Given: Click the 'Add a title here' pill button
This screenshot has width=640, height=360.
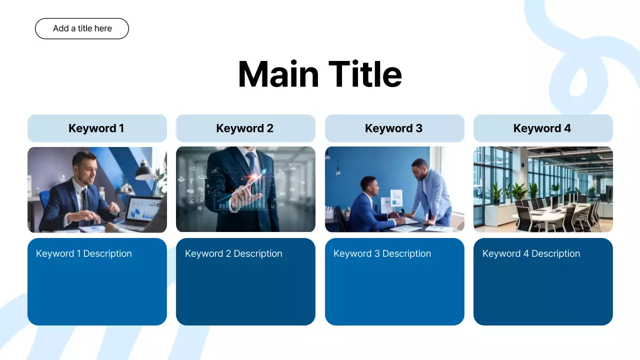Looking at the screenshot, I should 82,28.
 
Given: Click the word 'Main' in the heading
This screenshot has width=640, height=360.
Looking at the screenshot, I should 278,74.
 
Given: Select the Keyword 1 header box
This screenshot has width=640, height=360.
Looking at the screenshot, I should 96,128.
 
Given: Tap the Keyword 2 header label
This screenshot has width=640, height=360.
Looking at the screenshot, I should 244,128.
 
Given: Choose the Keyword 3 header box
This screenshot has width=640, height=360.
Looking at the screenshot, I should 394,128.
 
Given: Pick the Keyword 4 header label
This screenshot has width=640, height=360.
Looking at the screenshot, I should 542,128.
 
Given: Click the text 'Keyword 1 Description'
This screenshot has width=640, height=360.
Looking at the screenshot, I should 84,253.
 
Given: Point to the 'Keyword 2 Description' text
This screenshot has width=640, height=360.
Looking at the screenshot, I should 233,253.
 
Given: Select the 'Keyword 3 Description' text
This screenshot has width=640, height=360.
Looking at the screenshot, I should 382,253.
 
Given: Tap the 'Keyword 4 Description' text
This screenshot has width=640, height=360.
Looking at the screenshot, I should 531,253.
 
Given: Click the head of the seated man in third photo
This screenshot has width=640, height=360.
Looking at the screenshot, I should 368,186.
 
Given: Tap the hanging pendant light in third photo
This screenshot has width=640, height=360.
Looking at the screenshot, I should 338,170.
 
